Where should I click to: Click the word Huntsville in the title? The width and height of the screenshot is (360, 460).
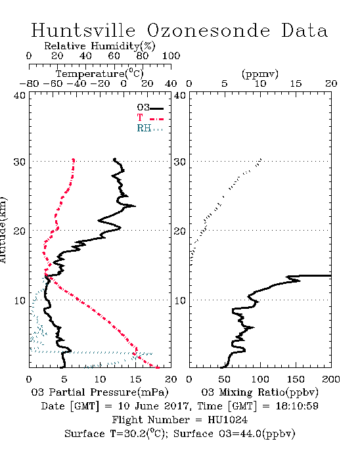click(83, 30)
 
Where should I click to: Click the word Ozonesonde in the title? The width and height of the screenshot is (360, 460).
click(208, 30)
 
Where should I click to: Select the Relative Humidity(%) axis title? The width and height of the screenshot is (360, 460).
click(99, 46)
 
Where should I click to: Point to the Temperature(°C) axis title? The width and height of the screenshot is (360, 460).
click(100, 74)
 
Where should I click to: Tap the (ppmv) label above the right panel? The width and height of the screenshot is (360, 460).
click(260, 74)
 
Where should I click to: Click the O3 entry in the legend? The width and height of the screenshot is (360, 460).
click(143, 107)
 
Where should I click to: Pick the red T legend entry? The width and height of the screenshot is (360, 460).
click(140, 118)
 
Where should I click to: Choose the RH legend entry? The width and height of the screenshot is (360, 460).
click(144, 128)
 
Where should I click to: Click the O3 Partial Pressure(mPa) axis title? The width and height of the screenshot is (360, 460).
click(100, 392)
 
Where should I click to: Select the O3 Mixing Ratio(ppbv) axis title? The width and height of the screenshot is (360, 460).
click(259, 392)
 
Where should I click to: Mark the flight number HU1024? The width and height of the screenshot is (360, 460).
click(227, 419)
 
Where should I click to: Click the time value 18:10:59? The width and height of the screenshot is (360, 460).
click(297, 406)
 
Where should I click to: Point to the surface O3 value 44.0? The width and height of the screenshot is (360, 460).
click(251, 433)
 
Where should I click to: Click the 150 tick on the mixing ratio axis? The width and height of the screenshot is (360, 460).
click(296, 379)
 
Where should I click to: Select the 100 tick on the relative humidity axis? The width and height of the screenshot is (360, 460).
click(171, 56)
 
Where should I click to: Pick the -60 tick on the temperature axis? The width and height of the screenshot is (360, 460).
click(53, 83)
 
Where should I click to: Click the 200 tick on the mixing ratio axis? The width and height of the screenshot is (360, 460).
click(331, 379)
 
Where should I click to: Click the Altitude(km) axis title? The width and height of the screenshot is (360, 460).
click(3, 231)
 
